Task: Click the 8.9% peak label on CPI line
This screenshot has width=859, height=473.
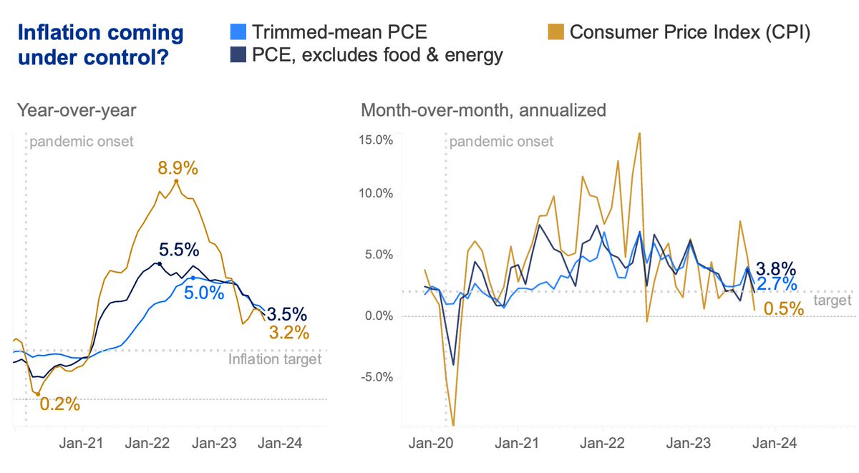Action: (178, 170)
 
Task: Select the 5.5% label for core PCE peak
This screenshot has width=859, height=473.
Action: (179, 250)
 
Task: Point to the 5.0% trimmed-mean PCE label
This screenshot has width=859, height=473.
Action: (204, 293)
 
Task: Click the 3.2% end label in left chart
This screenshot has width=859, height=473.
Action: (288, 332)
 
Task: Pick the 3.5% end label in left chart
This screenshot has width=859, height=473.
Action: (287, 314)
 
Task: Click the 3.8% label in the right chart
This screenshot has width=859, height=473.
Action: (776, 269)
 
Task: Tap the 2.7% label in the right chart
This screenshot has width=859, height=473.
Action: (776, 285)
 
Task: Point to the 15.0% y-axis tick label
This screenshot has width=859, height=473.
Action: (375, 140)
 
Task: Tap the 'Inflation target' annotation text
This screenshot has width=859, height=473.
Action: (275, 359)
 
